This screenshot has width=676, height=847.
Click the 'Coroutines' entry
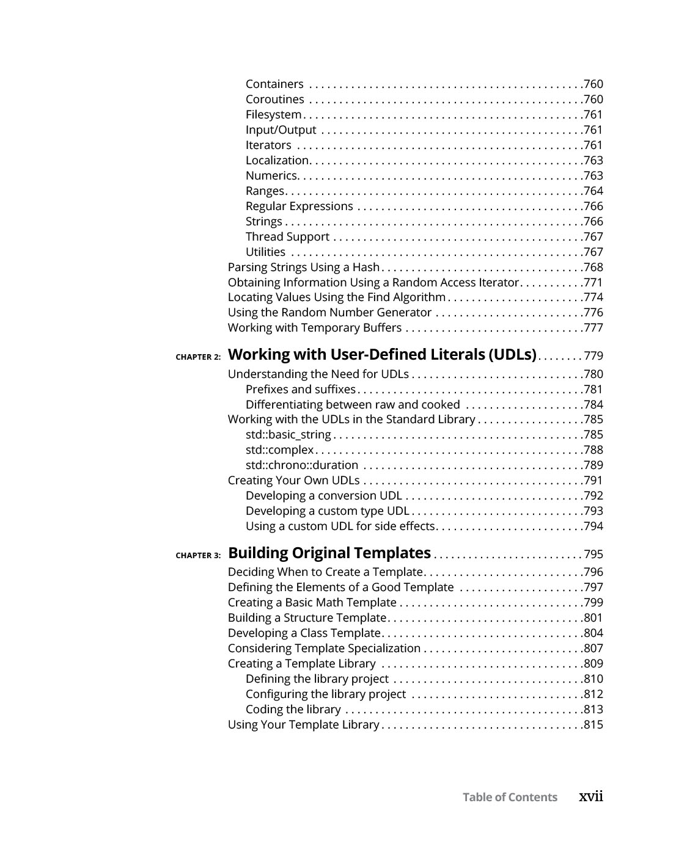coord(274,100)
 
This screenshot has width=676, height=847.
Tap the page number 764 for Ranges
coord(593,191)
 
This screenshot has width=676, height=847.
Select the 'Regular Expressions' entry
coord(299,206)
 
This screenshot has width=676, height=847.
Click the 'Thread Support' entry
coord(287,237)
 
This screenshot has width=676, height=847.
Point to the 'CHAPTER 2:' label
coord(198,357)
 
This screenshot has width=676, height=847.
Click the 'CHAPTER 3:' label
coord(198,556)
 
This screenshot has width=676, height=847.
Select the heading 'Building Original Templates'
coord(329,553)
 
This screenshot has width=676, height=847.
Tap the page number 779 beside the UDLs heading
coord(593,356)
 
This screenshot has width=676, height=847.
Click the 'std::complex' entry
coord(279,450)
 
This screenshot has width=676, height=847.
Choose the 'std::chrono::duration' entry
coord(301,465)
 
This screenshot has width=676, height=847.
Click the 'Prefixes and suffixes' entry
coord(300,390)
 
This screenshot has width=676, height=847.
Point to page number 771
coord(593,283)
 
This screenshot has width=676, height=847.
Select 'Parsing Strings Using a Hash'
coord(304,267)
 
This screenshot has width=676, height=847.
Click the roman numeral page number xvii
coord(591,796)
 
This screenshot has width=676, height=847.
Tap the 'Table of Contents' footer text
coord(510,797)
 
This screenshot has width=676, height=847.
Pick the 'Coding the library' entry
coord(293,710)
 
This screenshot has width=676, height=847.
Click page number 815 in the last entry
coord(593,725)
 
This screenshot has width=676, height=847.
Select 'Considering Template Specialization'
coord(324,649)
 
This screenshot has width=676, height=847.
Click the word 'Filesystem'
coord(273,115)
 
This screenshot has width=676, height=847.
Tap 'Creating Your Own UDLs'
coord(293,481)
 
